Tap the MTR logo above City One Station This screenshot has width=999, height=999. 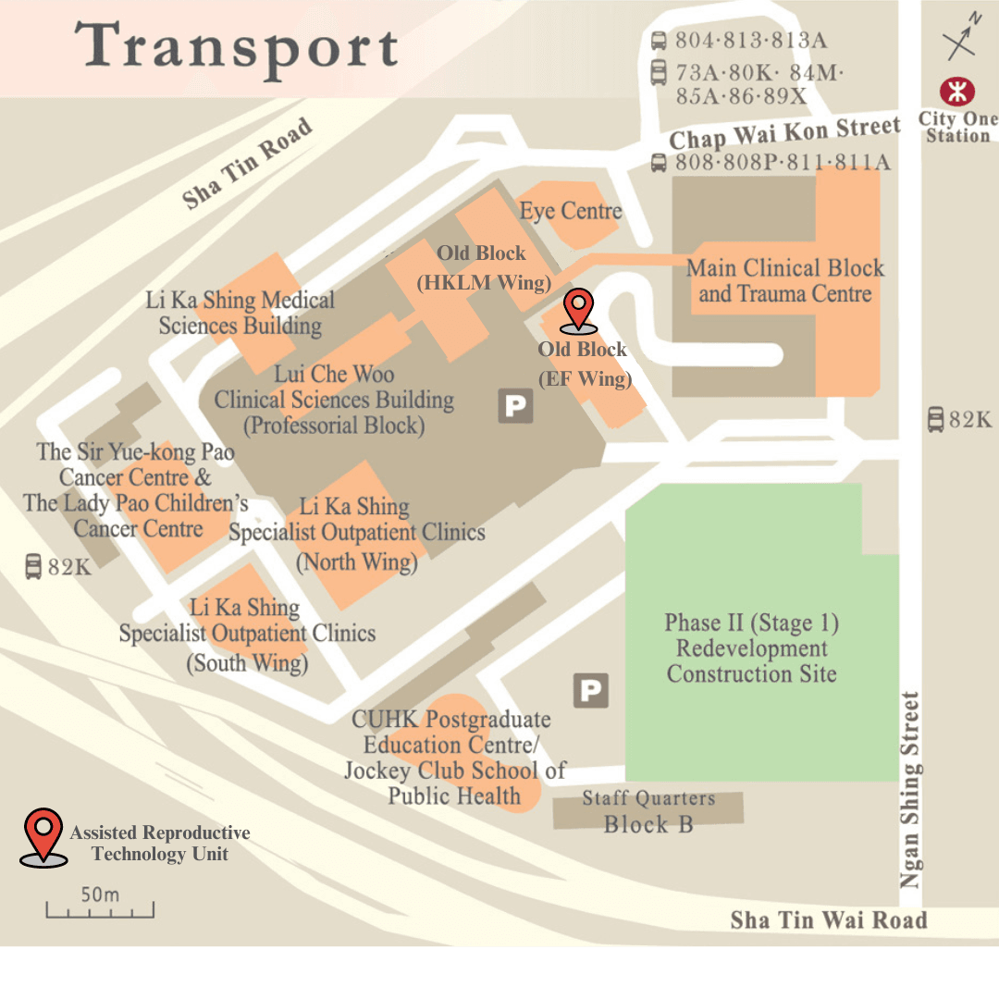pos(957,92)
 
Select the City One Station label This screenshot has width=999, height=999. pos(958,128)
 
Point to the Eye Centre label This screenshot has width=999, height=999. pos(570,211)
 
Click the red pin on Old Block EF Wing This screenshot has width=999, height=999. pos(579,309)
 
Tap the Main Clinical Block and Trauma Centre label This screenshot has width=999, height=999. pos(785,281)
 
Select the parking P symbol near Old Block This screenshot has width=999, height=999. pos(515,406)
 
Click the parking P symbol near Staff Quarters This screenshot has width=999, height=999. pos(590,690)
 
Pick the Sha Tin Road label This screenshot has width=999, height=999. pos(247,164)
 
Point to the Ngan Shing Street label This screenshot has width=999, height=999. pos(911,790)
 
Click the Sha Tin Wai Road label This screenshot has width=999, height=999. pos(828,920)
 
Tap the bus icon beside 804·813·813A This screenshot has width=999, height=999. pos(659,41)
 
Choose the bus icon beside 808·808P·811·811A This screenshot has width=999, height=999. pos(659,163)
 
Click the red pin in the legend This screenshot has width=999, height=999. pos(43,835)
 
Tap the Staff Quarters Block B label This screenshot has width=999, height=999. pos(648,811)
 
